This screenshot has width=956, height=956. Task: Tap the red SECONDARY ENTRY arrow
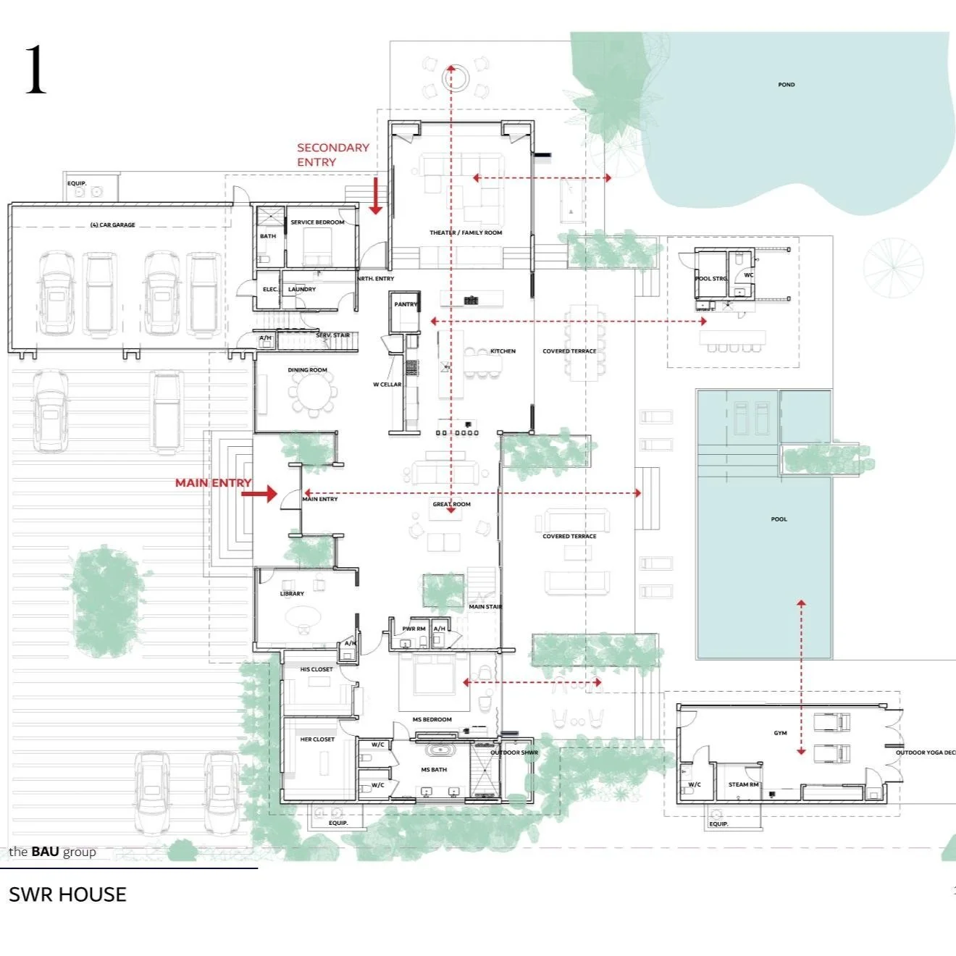pos(375,197)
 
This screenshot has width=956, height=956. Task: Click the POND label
pos(786,85)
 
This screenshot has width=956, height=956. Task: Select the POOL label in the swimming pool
pos(779,519)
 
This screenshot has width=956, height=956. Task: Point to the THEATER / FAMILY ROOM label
pos(465,232)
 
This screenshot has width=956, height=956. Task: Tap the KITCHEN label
pos(503,351)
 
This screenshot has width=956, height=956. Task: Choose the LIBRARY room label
pos(292,594)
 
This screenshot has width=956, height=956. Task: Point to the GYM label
pos(780,733)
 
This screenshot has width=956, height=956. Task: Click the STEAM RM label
pos(743,784)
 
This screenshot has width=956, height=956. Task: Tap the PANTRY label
pos(406,304)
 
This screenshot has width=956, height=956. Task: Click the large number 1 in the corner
pos(35,70)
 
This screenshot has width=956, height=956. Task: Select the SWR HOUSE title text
pos(67,894)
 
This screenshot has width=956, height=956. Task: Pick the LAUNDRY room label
pos(302,289)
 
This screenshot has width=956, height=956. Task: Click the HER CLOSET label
pos(317,739)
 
